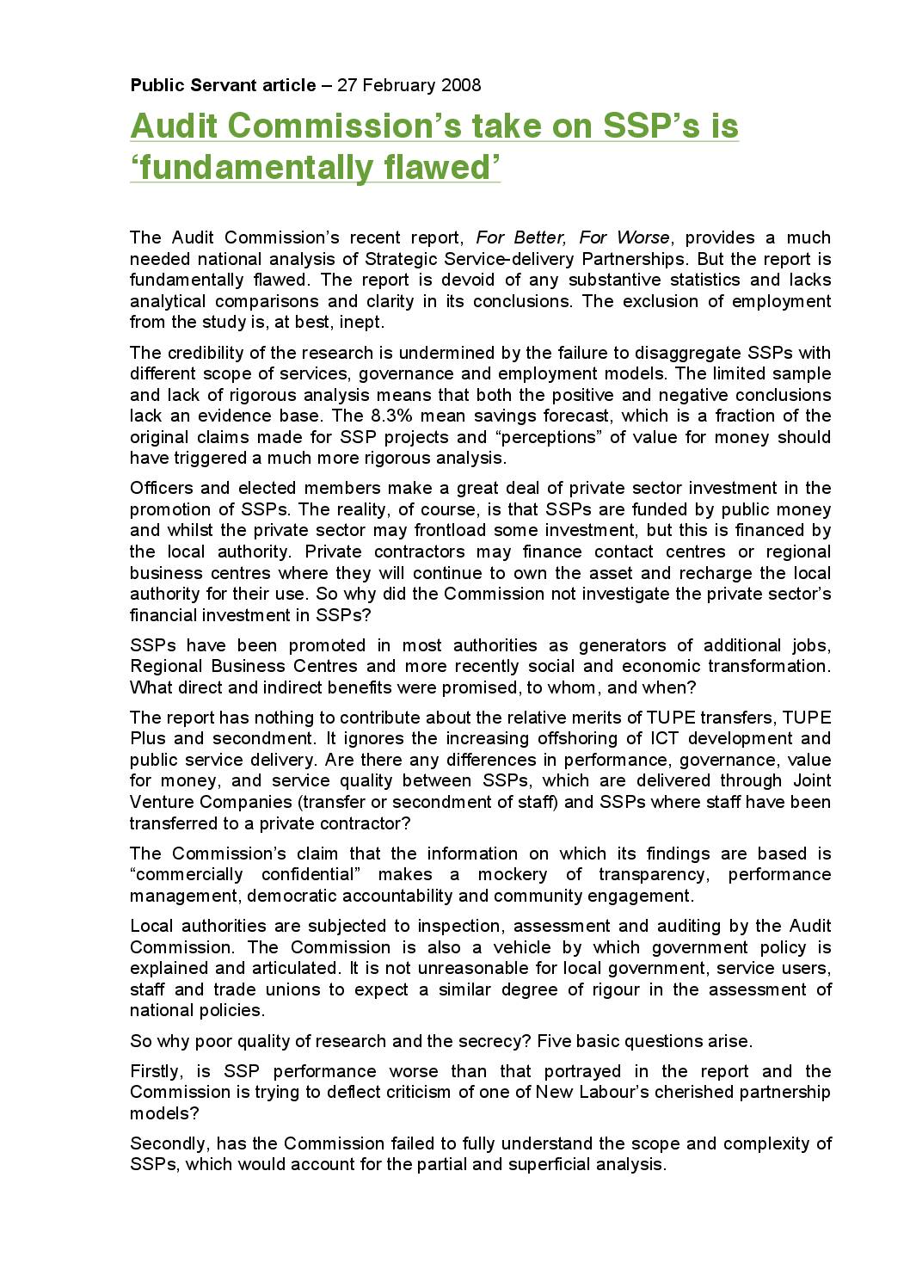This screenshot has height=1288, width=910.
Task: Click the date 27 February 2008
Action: point(409,85)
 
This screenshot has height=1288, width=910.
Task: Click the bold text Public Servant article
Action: point(223,85)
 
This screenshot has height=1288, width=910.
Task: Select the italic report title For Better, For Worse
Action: point(572,237)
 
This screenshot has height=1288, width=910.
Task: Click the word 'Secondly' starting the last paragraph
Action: point(168,1144)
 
